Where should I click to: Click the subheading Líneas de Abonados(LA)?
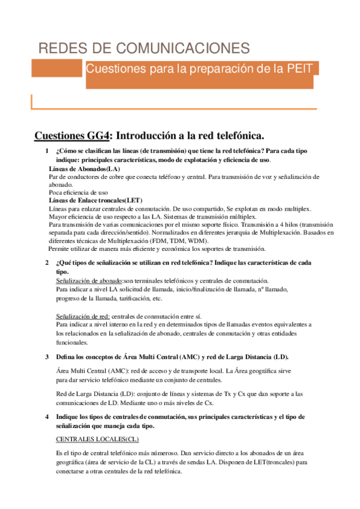click(x=84, y=169)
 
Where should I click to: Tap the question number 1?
click(x=47, y=152)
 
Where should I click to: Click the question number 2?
click(x=47, y=263)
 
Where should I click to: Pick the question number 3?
click(x=47, y=357)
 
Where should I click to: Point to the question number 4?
click(x=47, y=417)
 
